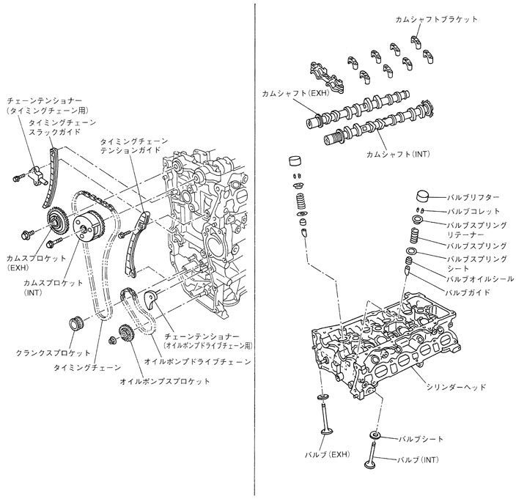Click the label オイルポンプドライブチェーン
197,362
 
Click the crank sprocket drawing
74,322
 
